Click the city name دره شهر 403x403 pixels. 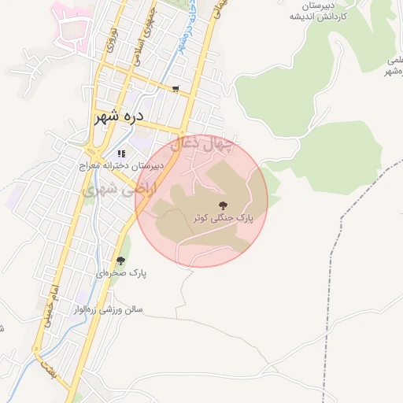(x=120, y=117)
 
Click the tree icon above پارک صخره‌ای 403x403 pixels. (x=120, y=261)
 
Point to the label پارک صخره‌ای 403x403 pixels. (x=122, y=273)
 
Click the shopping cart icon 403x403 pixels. (x=175, y=90)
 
